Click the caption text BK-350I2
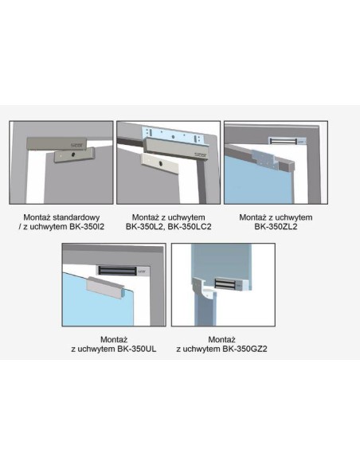87,227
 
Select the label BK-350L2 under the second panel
145,227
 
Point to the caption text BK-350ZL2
276,227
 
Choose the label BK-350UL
137,349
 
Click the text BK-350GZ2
245,349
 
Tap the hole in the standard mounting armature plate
72,154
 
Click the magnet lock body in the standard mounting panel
57,143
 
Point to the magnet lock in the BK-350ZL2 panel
287,141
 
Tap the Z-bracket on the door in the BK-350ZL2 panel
265,160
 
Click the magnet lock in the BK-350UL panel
123,271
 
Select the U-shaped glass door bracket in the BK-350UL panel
104,287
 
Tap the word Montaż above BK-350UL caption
114,339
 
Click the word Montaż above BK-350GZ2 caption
221,339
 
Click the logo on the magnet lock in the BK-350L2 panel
198,154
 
